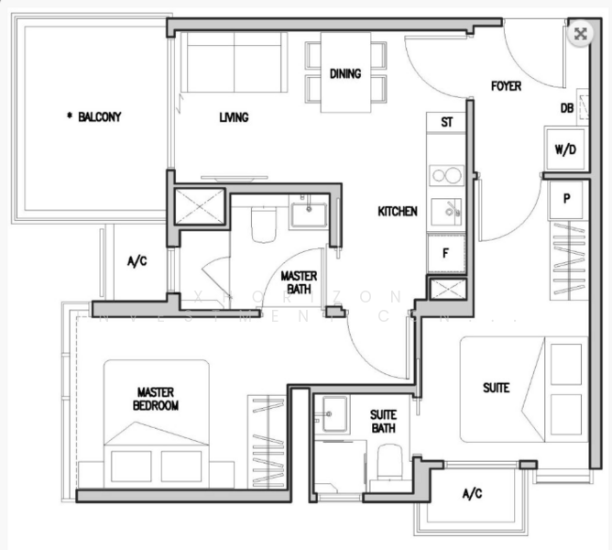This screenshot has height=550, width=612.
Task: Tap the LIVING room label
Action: [x=234, y=117]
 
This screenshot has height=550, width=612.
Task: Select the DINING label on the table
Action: [x=345, y=74]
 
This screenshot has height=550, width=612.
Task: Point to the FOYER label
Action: [x=506, y=86]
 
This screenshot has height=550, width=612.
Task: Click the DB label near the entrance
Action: [x=567, y=108]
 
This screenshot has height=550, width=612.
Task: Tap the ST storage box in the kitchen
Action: [x=446, y=122]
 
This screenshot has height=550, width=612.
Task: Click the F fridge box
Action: [x=446, y=253]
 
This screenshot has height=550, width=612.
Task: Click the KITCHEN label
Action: [x=398, y=212]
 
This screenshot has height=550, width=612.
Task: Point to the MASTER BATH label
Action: [x=298, y=281]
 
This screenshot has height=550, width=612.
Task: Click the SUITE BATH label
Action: [x=383, y=421]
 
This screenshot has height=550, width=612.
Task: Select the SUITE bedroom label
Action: [x=496, y=388]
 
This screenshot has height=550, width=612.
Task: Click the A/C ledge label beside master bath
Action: [x=137, y=261]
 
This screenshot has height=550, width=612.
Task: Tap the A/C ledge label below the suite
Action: [x=471, y=495]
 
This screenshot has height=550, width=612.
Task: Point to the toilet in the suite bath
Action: [x=388, y=462]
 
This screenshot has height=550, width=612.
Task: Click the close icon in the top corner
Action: [x=579, y=34]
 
